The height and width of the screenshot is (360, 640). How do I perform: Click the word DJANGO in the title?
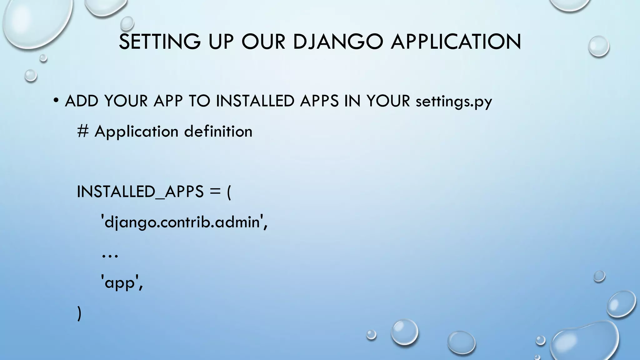click(338, 42)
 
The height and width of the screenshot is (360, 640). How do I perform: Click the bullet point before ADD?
click(56, 101)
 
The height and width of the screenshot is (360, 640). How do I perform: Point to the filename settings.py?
click(454, 102)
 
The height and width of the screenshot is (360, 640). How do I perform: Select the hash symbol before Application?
click(83, 131)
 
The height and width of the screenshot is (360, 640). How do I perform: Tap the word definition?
click(218, 131)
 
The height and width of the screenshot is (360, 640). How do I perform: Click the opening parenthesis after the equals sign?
click(229, 192)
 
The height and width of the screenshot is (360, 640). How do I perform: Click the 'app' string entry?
click(122, 283)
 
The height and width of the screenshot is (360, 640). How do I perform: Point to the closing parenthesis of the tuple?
click(79, 313)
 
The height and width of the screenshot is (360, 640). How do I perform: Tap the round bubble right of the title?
click(598, 46)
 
